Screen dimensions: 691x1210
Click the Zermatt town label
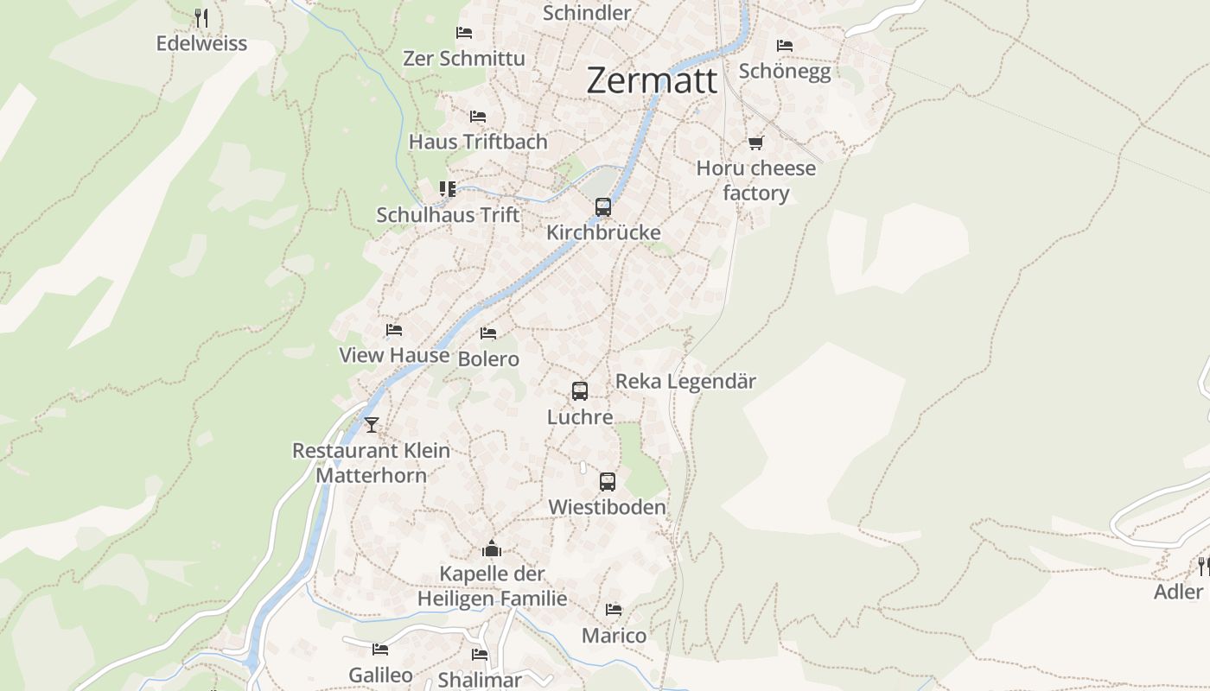click(652, 80)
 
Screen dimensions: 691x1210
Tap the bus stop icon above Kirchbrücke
click(603, 207)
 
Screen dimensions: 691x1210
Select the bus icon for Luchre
click(580, 391)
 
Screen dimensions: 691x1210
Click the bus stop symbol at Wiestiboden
click(608, 482)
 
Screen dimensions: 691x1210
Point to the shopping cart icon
click(756, 143)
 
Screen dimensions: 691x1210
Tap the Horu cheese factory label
click(756, 181)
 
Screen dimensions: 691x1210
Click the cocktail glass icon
click(372, 424)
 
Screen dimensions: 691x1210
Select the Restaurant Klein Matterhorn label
click(371, 463)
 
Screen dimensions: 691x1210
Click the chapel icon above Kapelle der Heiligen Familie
click(492, 548)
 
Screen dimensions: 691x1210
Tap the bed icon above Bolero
click(488, 333)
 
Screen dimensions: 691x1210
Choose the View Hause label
click(394, 355)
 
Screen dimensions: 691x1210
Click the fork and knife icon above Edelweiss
click(201, 17)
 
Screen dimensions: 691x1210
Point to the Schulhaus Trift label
click(448, 215)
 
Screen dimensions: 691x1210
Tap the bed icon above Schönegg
click(785, 45)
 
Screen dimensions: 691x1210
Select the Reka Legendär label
click(685, 381)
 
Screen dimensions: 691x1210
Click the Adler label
click(1178, 592)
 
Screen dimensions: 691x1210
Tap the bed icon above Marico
click(614, 610)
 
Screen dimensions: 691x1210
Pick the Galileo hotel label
click(380, 675)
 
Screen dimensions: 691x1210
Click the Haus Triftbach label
click(478, 142)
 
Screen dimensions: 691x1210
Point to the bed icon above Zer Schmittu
click(464, 33)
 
